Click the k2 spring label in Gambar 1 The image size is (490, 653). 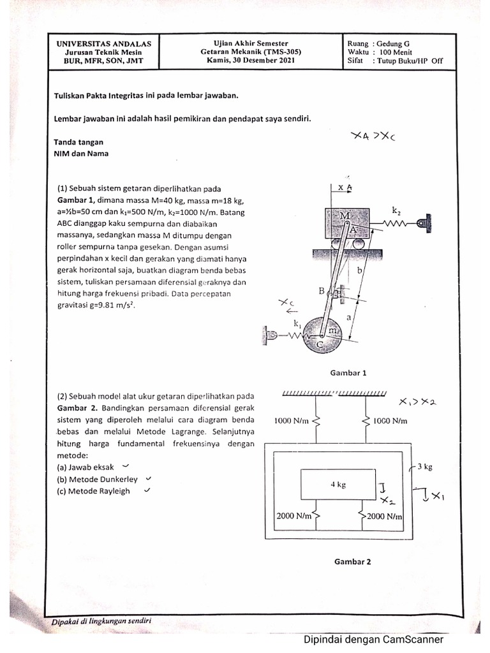click(397, 209)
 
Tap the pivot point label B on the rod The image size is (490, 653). click(322, 291)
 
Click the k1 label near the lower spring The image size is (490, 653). click(297, 324)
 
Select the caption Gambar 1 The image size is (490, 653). click(348, 373)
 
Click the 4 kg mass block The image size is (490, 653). click(337, 485)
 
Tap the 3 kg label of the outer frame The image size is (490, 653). click(424, 467)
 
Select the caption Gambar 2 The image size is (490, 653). click(348, 561)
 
